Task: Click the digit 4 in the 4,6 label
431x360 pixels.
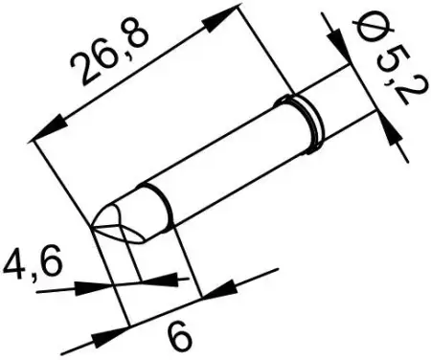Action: click(13, 260)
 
